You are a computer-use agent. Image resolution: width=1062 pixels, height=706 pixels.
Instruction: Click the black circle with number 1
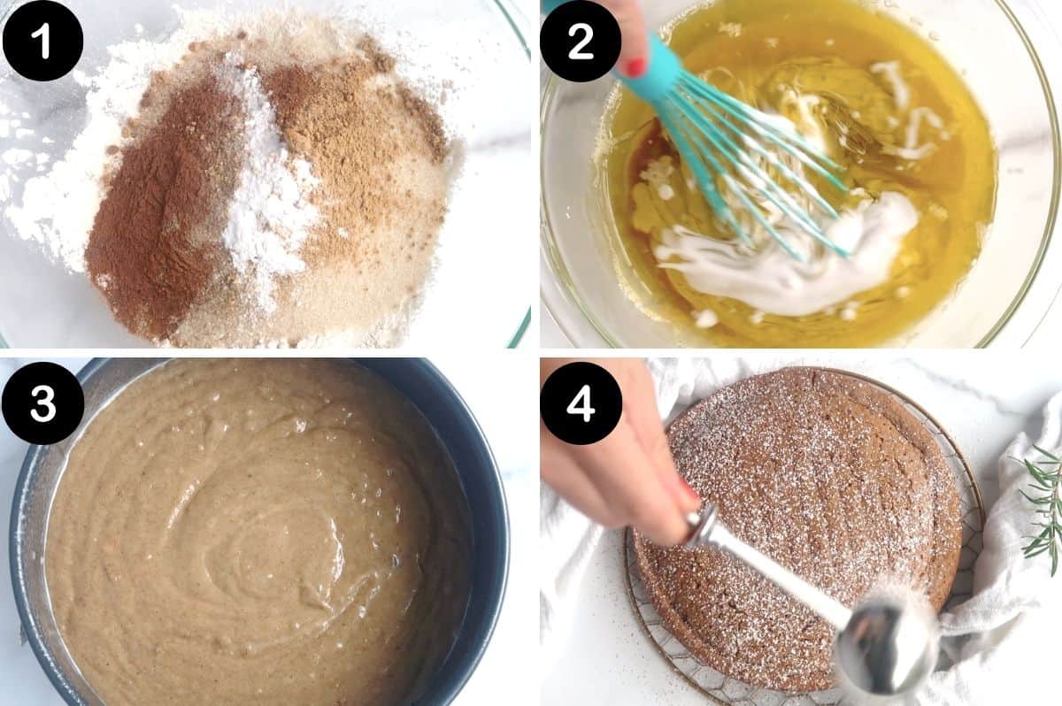coord(42,41)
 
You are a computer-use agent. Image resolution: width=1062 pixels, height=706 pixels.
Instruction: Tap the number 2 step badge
coord(581,41)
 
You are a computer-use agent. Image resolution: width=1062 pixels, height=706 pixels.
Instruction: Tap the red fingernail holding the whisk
coord(634,65)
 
